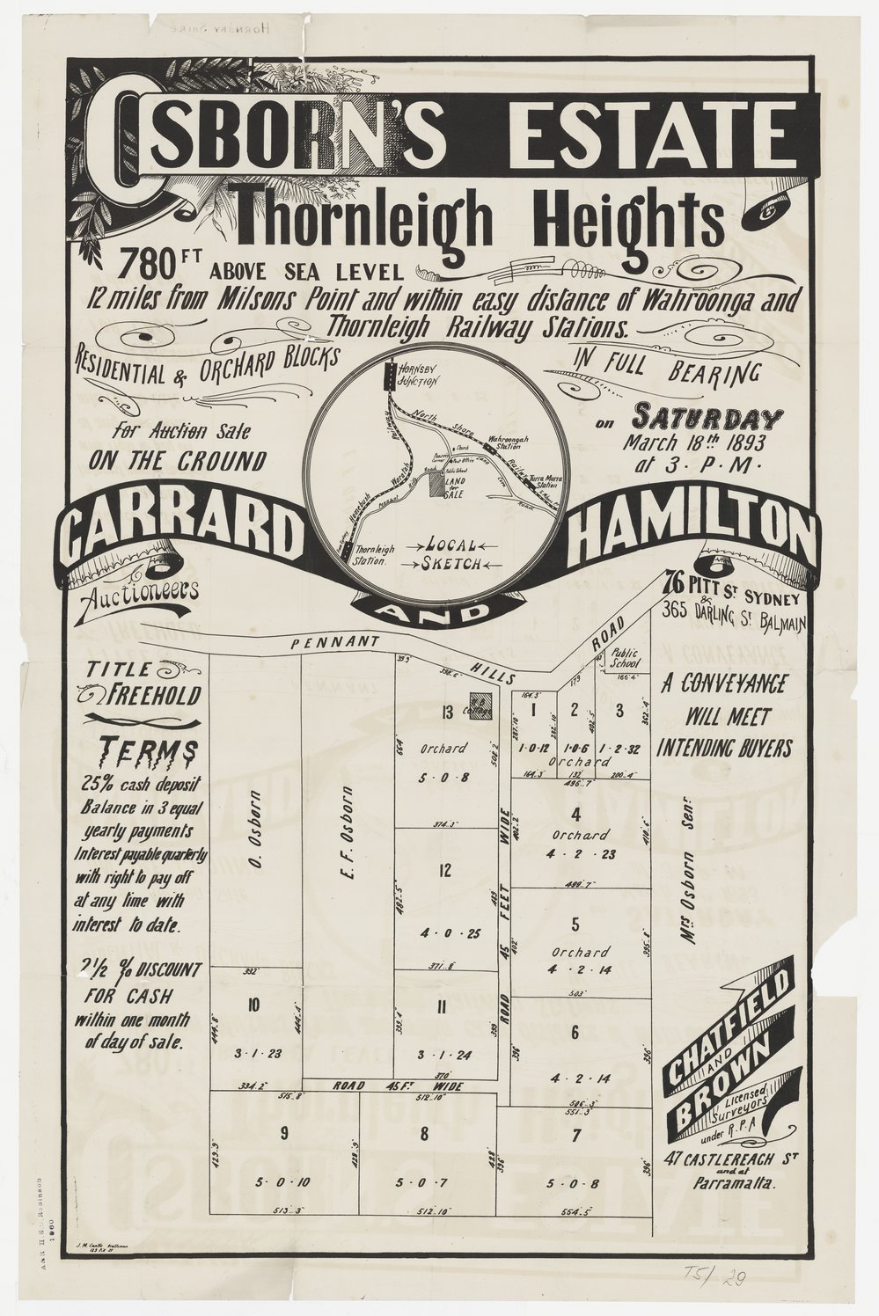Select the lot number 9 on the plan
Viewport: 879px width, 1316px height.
coord(284,1133)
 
